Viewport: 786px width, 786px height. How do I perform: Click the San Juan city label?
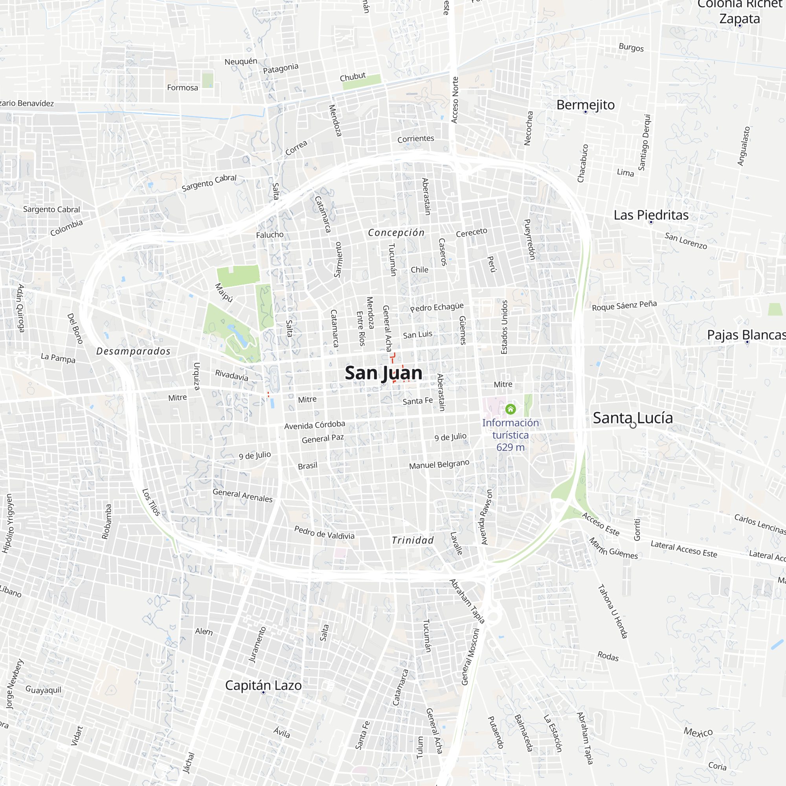click(x=383, y=373)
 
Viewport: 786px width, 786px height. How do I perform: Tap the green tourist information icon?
click(x=510, y=409)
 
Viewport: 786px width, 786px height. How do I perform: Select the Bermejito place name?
click(x=585, y=105)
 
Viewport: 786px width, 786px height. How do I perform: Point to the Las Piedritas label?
click(x=650, y=215)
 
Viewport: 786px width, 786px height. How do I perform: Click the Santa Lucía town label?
click(x=632, y=418)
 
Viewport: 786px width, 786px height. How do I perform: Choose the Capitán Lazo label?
click(x=263, y=685)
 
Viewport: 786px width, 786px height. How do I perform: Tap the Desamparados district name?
click(x=134, y=351)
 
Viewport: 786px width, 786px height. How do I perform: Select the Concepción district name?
click(x=396, y=232)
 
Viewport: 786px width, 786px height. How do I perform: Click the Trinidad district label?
click(x=413, y=540)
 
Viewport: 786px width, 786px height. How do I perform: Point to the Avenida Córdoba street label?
click(x=314, y=425)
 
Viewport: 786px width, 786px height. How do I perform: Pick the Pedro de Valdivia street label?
click(x=324, y=533)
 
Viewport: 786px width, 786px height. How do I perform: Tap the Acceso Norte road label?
click(x=455, y=100)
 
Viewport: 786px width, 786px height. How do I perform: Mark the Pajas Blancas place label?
click(x=746, y=335)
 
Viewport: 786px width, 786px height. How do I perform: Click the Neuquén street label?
click(x=241, y=61)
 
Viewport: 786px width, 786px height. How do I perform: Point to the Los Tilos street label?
click(x=151, y=502)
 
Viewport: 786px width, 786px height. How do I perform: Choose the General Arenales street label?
click(x=242, y=495)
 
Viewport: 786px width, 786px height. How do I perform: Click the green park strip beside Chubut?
click(x=361, y=81)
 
